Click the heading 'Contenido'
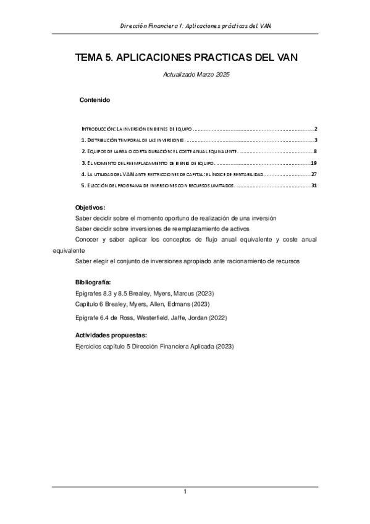pyautogui.click(x=95, y=99)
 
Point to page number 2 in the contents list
pyautogui.click(x=315, y=129)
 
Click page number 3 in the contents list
pyautogui.click(x=315, y=140)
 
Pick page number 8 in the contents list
pyautogui.click(x=315, y=151)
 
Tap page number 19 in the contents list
pyautogui.click(x=314, y=163)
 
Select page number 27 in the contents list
pyautogui.click(x=314, y=174)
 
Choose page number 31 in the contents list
pyautogui.click(x=314, y=185)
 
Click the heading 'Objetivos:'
pyautogui.click(x=90, y=208)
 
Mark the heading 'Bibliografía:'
pyautogui.click(x=93, y=282)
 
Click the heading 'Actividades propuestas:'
pyautogui.click(x=111, y=335)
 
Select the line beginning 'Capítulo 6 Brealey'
pyautogui.click(x=142, y=304)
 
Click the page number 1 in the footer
pyautogui.click(x=185, y=491)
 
